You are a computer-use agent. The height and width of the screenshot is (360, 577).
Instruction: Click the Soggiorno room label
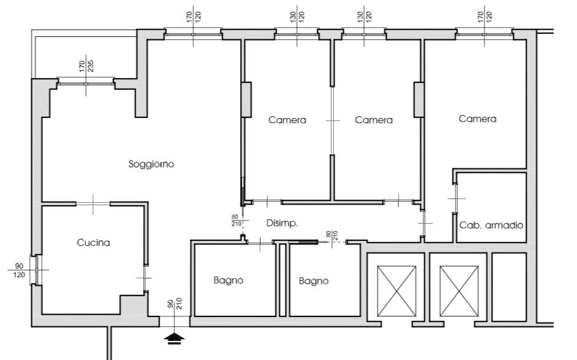click(151, 164)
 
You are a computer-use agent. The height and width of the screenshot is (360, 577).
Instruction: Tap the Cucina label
click(93, 243)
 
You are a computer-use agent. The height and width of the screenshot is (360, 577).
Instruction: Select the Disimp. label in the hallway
click(282, 223)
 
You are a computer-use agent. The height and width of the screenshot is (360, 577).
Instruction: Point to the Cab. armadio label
click(491, 225)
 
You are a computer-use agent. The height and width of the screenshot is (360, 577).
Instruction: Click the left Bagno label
click(228, 280)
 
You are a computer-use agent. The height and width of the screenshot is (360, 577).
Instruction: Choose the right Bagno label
click(314, 281)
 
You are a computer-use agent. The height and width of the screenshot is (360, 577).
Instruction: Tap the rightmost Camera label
click(478, 119)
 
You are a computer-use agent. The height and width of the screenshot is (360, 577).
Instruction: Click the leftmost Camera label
click(287, 120)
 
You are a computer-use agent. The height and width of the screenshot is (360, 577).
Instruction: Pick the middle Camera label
click(373, 120)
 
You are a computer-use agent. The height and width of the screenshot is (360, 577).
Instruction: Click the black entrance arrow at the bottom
click(175, 338)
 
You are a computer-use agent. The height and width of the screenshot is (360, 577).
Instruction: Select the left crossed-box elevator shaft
click(397, 291)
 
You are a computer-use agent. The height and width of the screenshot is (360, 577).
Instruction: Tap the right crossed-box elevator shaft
click(459, 291)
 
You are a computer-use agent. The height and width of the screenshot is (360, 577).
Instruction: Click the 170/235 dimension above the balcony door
click(86, 66)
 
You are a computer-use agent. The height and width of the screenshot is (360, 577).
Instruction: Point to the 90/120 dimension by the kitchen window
click(19, 270)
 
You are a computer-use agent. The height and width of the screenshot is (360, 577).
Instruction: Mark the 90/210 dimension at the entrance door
click(175, 303)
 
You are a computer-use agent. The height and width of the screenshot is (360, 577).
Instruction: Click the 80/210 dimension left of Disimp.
click(236, 221)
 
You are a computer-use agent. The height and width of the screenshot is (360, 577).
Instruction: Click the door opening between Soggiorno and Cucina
click(93, 204)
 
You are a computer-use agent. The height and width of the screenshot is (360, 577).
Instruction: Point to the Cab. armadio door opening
click(456, 198)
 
